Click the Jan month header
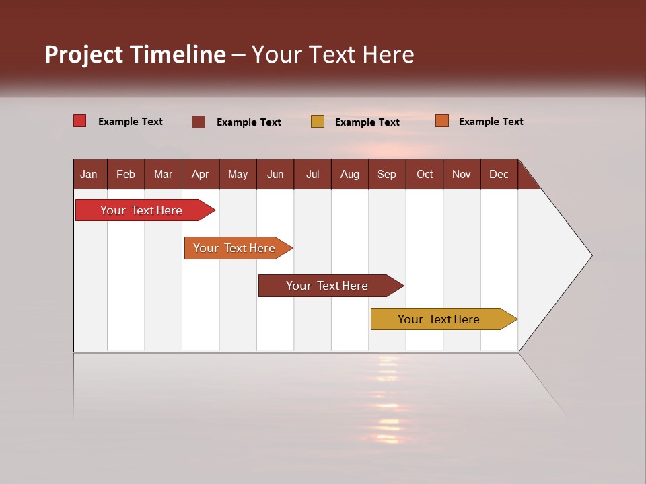(89, 174)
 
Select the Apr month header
(200, 174)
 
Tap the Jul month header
(312, 174)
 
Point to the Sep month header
(386, 174)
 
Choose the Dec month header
(499, 174)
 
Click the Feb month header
(126, 174)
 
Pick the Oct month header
(425, 174)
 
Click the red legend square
(79, 121)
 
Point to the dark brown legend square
(199, 122)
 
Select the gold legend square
(318, 122)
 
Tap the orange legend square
(441, 121)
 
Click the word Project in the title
(83, 54)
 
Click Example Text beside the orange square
(491, 122)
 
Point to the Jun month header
(275, 174)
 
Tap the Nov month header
(462, 174)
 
